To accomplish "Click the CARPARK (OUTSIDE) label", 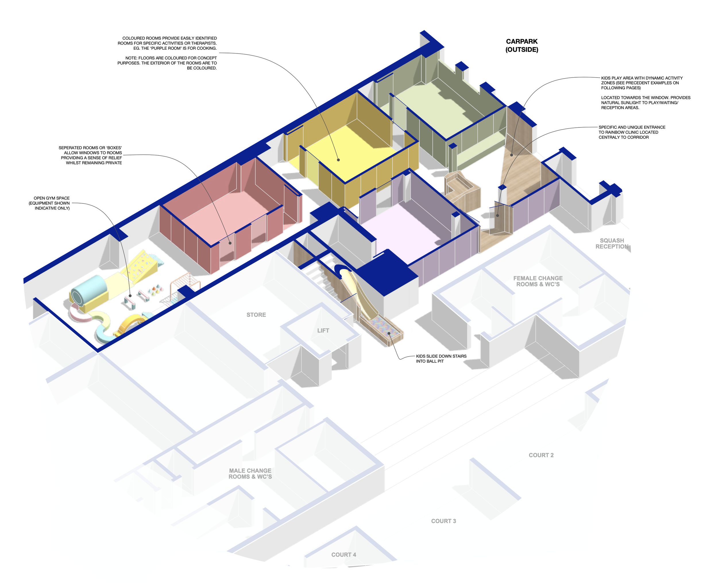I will [x=522, y=45].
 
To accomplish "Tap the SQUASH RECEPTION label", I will [x=611, y=243].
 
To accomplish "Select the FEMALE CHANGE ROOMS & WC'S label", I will [x=538, y=281].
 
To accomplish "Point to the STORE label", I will [x=256, y=315].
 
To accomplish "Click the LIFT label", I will [x=323, y=330].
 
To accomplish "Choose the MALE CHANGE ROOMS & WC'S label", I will [x=250, y=474].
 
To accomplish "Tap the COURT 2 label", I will [x=541, y=455].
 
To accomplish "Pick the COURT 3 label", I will [x=443, y=521].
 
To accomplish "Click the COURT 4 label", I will [x=343, y=555].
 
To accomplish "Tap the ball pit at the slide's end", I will [x=386, y=332].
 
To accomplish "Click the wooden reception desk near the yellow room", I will [x=460, y=188].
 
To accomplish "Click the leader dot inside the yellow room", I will [x=338, y=160].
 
